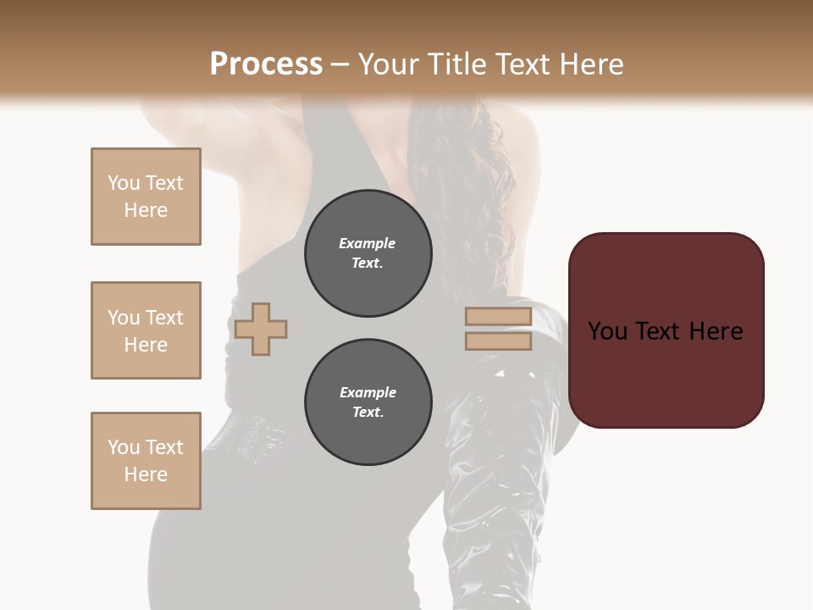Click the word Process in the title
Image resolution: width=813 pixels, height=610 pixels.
pos(266,64)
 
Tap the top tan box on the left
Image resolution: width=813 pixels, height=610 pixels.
pos(146,197)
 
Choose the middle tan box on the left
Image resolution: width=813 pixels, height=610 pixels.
pos(146,330)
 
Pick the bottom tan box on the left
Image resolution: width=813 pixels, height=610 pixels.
pos(146,461)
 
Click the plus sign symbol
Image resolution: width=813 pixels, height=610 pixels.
pos(261,329)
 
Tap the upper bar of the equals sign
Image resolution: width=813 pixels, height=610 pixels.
pos(498,317)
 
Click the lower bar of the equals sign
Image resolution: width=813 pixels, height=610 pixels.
pos(498,341)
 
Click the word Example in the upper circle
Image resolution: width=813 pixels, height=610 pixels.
pos(368,243)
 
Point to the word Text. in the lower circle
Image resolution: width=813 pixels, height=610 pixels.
pos(368,412)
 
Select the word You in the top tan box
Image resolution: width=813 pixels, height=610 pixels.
pos(124,183)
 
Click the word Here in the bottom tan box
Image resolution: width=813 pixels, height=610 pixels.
pos(146,474)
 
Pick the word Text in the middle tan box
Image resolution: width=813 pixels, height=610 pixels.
pos(164,318)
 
